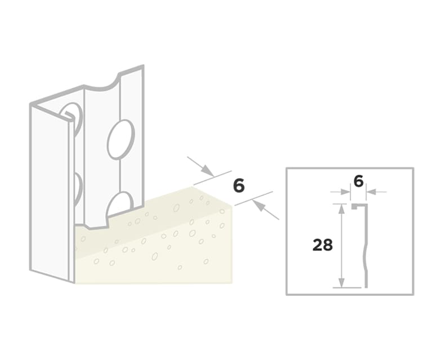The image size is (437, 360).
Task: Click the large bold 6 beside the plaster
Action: click(239, 186)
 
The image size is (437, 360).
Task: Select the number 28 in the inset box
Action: click(323, 245)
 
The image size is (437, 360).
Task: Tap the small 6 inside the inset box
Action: click(358, 182)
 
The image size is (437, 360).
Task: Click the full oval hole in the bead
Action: click(121, 140)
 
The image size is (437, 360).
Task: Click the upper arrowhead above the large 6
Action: click(208, 170)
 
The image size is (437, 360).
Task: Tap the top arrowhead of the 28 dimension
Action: click(341, 208)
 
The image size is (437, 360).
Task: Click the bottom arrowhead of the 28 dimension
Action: click(341, 283)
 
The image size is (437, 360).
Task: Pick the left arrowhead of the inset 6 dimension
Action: click(345, 192)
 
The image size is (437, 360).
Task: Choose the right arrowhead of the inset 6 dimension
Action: click(371, 192)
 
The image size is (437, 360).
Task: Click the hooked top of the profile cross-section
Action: click(359, 206)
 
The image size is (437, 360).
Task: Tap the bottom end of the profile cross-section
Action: click(367, 287)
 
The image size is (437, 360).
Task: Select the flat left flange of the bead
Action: click(50, 193)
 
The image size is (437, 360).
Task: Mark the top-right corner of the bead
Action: click(144, 65)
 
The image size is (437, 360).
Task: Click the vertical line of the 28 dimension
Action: click(341, 246)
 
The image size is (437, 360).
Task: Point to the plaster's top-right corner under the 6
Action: click(232, 206)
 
